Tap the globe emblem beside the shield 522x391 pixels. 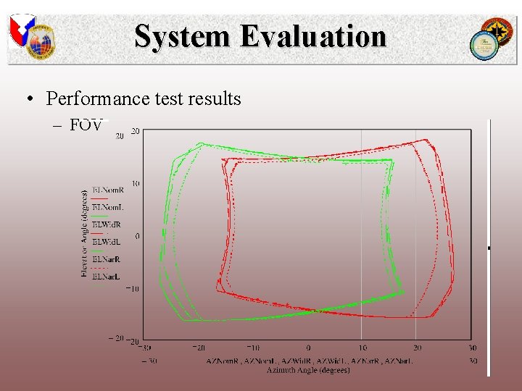click(41, 40)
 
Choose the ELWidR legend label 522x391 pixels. click(107, 224)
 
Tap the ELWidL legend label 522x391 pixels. click(107, 242)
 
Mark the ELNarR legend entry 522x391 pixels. click(107, 259)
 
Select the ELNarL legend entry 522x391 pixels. click(107, 277)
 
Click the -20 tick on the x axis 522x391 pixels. click(199, 348)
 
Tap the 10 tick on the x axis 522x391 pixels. click(362, 348)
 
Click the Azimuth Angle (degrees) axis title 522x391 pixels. click(308, 370)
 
